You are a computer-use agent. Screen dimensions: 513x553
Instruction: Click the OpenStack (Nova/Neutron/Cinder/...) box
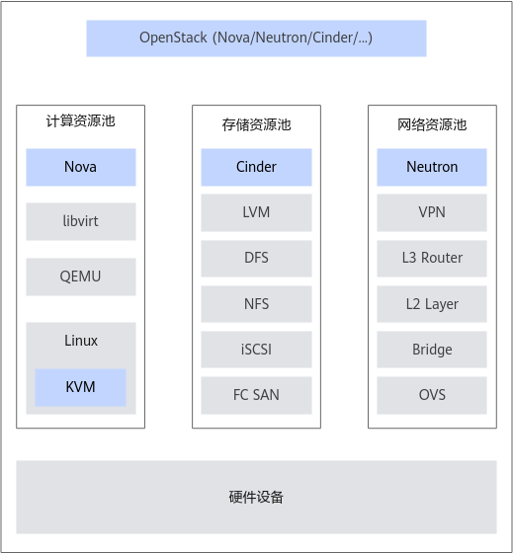click(x=256, y=39)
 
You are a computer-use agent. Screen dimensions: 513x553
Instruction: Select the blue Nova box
click(x=81, y=167)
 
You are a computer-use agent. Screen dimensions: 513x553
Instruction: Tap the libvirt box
click(x=81, y=221)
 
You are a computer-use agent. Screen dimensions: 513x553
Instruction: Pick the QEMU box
click(x=81, y=276)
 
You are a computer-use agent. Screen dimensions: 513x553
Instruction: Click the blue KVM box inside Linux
click(x=80, y=387)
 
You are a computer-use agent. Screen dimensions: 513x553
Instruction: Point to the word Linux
click(x=81, y=341)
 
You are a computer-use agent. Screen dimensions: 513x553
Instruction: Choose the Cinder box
click(x=256, y=167)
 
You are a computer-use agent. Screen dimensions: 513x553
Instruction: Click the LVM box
click(x=256, y=212)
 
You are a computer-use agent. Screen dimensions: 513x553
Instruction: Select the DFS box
click(x=256, y=259)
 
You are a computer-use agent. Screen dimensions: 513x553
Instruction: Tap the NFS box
click(x=256, y=304)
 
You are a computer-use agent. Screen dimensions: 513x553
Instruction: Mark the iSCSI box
click(x=256, y=350)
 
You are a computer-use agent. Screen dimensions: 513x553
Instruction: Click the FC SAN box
click(x=256, y=395)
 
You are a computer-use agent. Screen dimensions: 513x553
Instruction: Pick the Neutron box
click(x=432, y=167)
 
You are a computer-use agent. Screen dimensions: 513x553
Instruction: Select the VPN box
click(x=432, y=212)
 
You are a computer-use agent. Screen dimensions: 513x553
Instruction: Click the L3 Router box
click(x=432, y=259)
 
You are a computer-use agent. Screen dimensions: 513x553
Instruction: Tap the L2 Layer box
click(x=432, y=304)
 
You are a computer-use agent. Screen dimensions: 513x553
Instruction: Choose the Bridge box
click(x=432, y=350)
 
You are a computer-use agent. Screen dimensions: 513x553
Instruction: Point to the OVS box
click(x=432, y=395)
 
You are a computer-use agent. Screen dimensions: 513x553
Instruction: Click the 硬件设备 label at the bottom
click(x=256, y=498)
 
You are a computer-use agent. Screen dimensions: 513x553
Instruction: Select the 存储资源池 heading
click(x=256, y=124)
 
